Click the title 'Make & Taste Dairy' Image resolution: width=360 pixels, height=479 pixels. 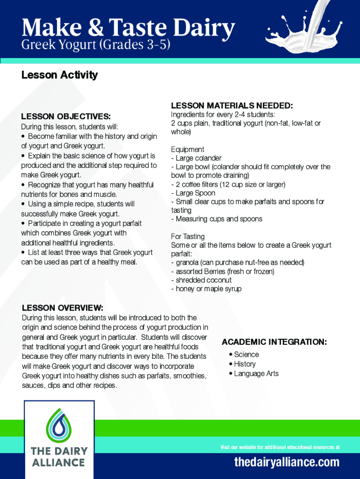128,28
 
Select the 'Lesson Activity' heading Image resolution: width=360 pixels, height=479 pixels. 59,75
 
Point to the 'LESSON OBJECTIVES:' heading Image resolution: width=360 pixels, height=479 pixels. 66,116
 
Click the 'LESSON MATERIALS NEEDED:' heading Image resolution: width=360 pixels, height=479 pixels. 232,105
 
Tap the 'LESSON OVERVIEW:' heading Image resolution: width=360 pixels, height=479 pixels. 63,308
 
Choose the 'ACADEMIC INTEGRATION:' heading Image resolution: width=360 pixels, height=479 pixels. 274,342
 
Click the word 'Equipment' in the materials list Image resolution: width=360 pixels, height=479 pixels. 187,149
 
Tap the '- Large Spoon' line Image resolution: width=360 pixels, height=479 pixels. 193,193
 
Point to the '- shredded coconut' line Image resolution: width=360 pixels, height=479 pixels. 202,280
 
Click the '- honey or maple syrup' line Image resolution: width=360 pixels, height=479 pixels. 206,289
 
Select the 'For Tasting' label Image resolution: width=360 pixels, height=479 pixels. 188,236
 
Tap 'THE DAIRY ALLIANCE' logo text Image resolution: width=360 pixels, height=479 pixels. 59,457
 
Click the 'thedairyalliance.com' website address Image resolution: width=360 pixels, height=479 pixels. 287,463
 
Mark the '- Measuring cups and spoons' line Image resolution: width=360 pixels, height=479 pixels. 216,219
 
